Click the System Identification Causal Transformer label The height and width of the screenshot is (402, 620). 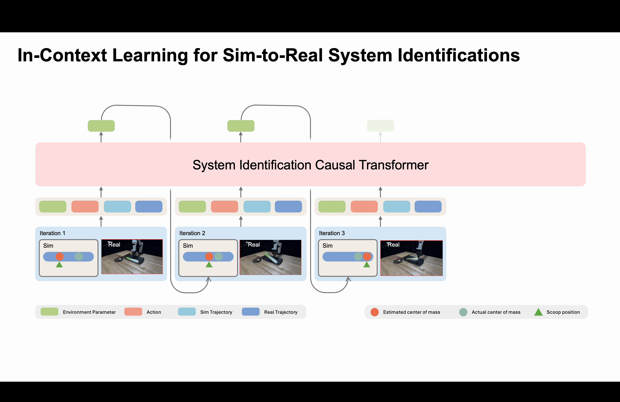[311, 165]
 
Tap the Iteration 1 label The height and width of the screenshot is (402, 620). [52, 233]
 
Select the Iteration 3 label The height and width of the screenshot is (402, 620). [332, 233]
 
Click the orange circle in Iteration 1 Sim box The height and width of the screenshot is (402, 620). [59, 256]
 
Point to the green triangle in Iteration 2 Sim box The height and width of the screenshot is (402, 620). [209, 265]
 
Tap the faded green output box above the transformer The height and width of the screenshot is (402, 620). [380, 126]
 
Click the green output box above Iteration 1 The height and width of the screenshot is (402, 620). [101, 126]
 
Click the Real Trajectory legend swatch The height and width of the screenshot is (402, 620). [251, 312]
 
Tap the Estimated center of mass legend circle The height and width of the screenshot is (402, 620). [375, 312]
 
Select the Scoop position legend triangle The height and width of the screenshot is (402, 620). [538, 312]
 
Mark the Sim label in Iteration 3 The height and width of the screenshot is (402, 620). [327, 246]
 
